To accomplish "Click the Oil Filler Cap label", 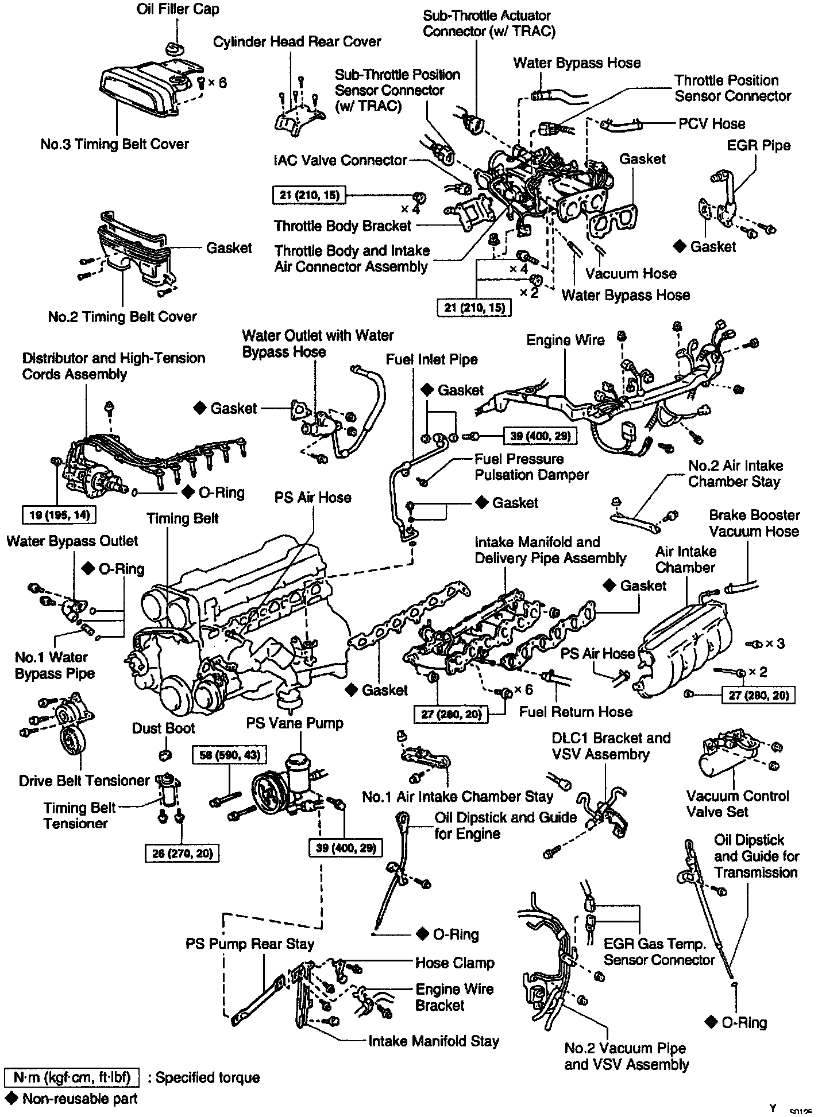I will click(x=178, y=10).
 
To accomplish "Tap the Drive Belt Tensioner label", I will click(x=84, y=781).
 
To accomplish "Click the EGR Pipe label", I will click(x=758, y=145).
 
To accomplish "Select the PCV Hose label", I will click(x=712, y=123).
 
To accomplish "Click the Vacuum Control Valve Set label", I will click(x=738, y=804).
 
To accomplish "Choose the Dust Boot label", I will click(x=164, y=728).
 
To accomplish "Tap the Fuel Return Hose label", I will click(x=576, y=712).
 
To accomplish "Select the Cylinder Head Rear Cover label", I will click(x=297, y=41).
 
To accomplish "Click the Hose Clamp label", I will click(x=454, y=963).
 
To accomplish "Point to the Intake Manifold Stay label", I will click(x=434, y=1041).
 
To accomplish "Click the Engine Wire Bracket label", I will click(x=454, y=997).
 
